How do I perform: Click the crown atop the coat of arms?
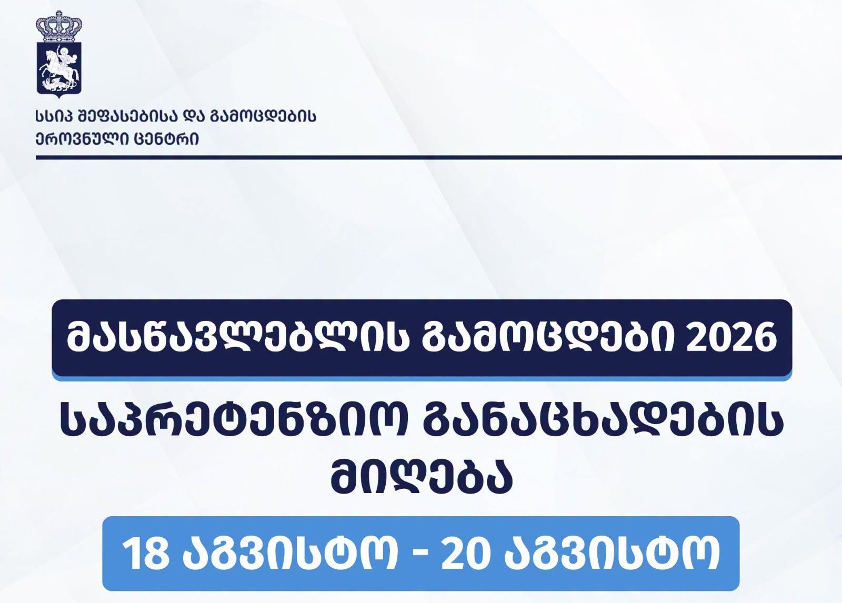[x=58, y=26]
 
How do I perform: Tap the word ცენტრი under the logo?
[x=166, y=139]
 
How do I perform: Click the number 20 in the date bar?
[x=466, y=554]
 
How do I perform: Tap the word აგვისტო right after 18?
[x=290, y=554]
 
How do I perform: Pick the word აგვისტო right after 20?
[x=612, y=554]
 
